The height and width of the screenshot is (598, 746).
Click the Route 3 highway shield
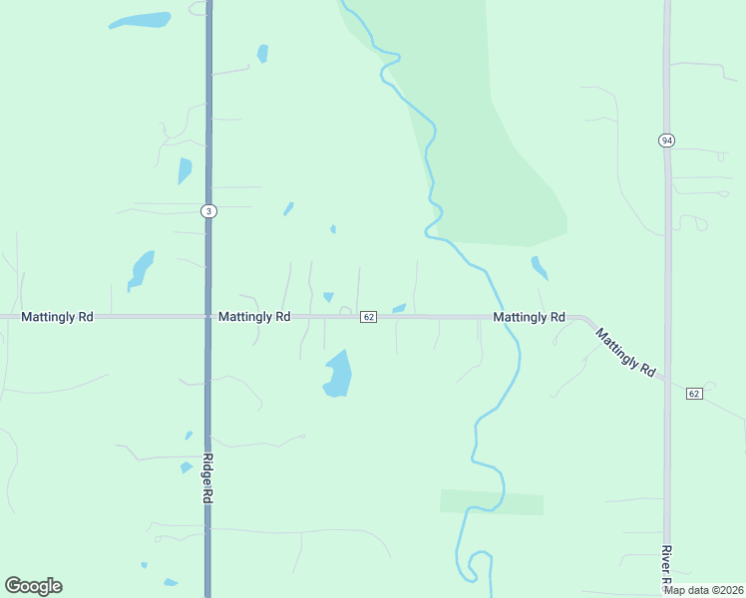[x=207, y=211]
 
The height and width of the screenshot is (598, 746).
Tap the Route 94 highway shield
[x=666, y=141]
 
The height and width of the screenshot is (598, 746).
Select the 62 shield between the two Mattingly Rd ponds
[x=368, y=317]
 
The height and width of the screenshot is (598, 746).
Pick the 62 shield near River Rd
[x=694, y=394]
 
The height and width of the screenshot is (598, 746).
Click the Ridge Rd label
[x=208, y=477]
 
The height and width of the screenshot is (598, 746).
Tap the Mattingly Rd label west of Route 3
[x=57, y=317]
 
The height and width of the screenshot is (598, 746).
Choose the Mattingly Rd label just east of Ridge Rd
[x=254, y=317]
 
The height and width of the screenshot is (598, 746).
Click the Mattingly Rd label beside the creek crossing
[x=529, y=317]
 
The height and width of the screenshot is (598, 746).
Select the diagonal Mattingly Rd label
[x=626, y=352]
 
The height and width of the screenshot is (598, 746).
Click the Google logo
[x=33, y=585]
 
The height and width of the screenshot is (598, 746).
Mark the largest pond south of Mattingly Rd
[x=338, y=375]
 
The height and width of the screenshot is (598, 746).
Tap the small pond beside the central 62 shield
[x=399, y=308]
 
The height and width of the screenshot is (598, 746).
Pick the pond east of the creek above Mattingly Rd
[x=539, y=267]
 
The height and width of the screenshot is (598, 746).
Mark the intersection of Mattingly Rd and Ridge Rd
[x=208, y=317]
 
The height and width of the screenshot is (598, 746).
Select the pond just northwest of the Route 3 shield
[x=184, y=171]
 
